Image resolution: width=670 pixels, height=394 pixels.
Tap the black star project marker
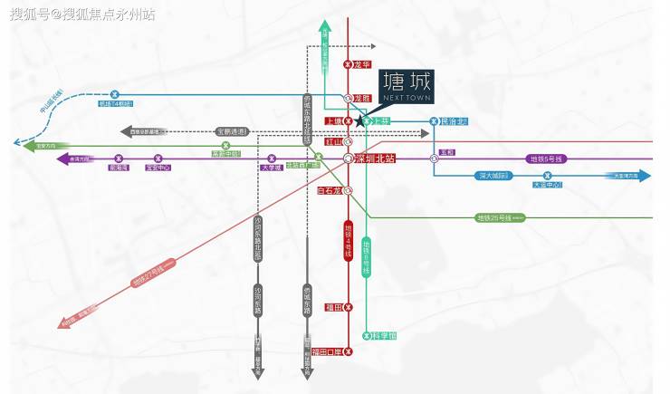[360, 120]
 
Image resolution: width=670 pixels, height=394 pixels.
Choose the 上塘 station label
[333, 121]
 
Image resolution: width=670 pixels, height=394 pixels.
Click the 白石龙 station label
[330, 191]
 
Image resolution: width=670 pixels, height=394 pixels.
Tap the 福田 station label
[332, 308]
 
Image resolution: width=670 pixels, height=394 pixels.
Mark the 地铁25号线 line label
[494, 217]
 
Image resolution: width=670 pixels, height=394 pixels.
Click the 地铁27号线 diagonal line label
[151, 275]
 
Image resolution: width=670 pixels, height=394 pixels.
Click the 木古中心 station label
[547, 185]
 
